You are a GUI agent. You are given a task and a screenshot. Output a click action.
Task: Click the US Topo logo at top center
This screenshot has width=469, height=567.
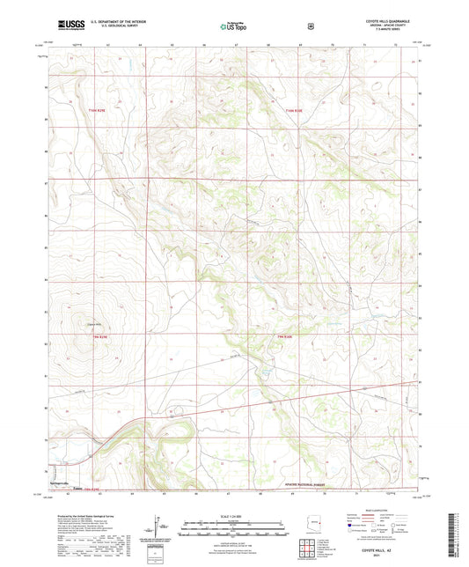(233, 26)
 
